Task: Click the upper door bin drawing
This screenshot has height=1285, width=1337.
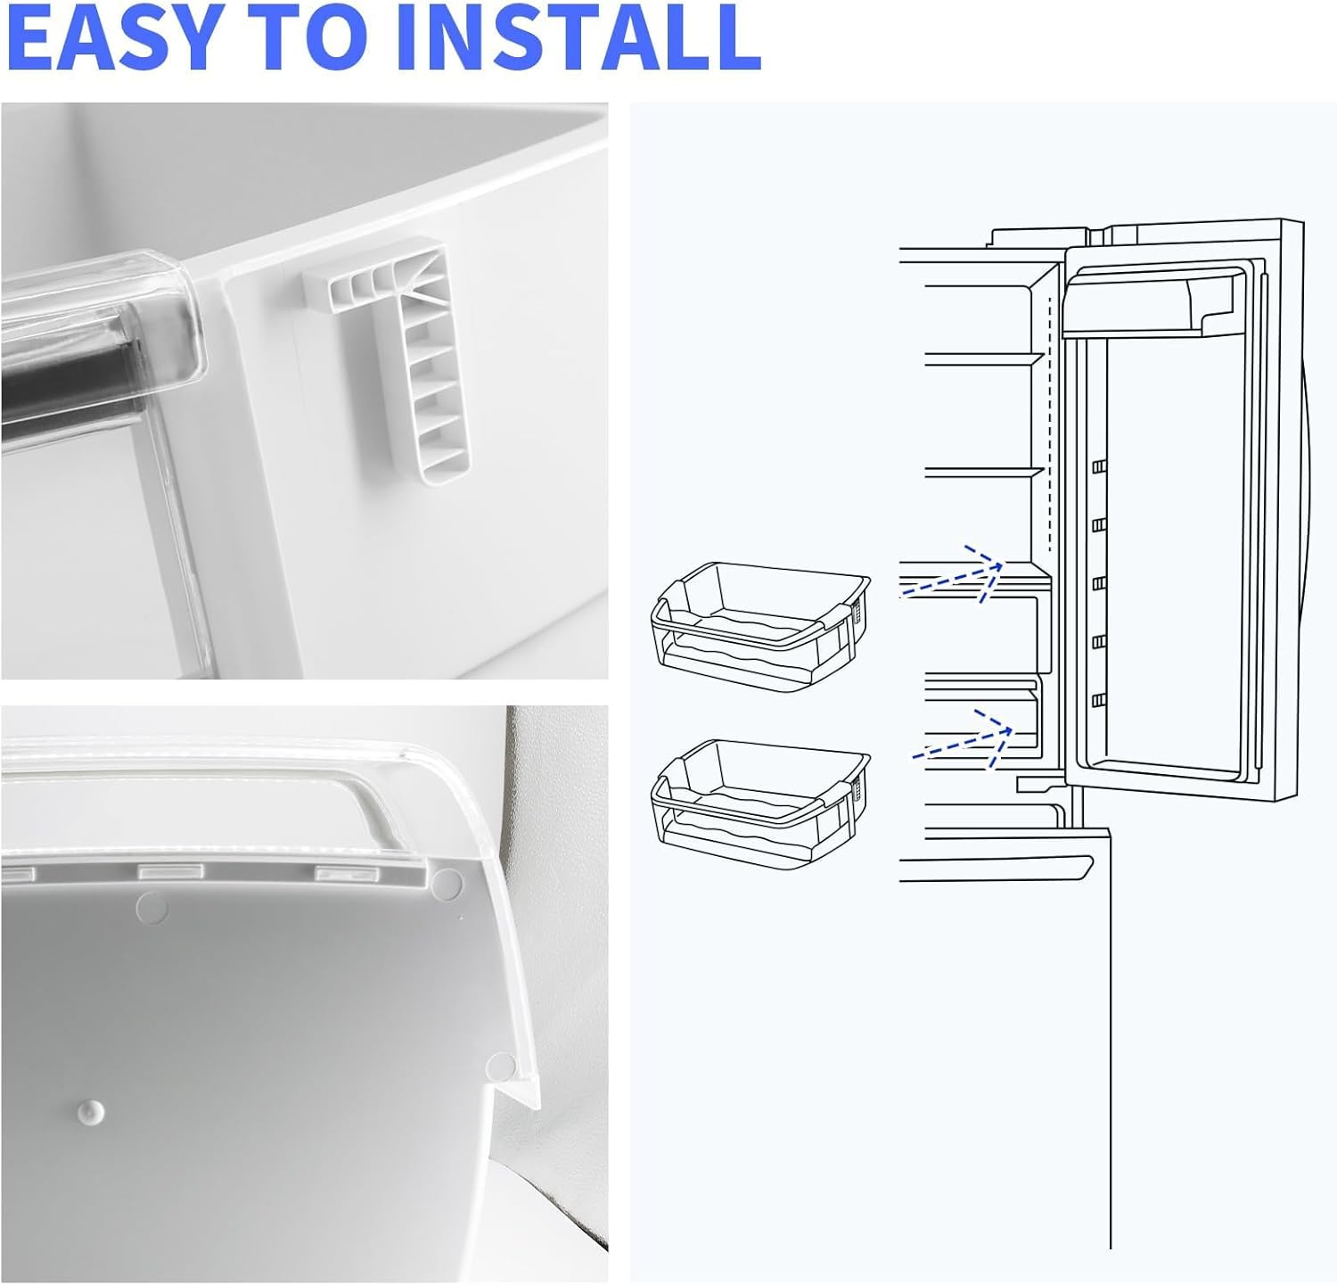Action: coord(760,625)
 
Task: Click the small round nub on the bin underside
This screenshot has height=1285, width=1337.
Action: coord(88,1111)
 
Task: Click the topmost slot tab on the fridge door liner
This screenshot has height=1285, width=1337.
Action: coord(1099,467)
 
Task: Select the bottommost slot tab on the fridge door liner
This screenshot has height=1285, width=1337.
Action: coord(1099,701)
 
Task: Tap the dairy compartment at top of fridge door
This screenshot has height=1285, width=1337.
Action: coord(1154,303)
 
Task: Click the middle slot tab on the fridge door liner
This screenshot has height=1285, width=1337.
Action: coord(1099,583)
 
